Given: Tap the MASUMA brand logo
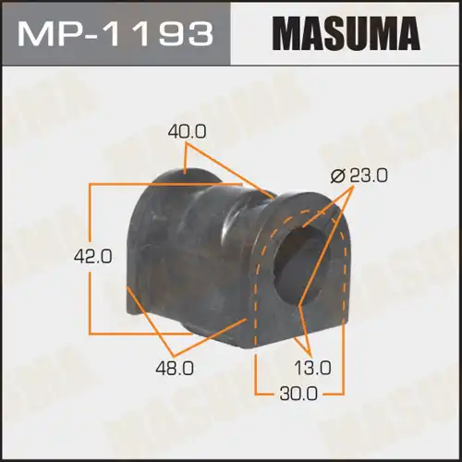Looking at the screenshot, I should (x=347, y=34).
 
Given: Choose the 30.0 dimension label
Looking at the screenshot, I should (x=299, y=394).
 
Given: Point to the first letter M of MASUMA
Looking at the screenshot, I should (x=288, y=34).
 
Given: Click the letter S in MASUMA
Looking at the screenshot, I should (x=335, y=34).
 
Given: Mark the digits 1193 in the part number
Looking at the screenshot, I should (x=165, y=34).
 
